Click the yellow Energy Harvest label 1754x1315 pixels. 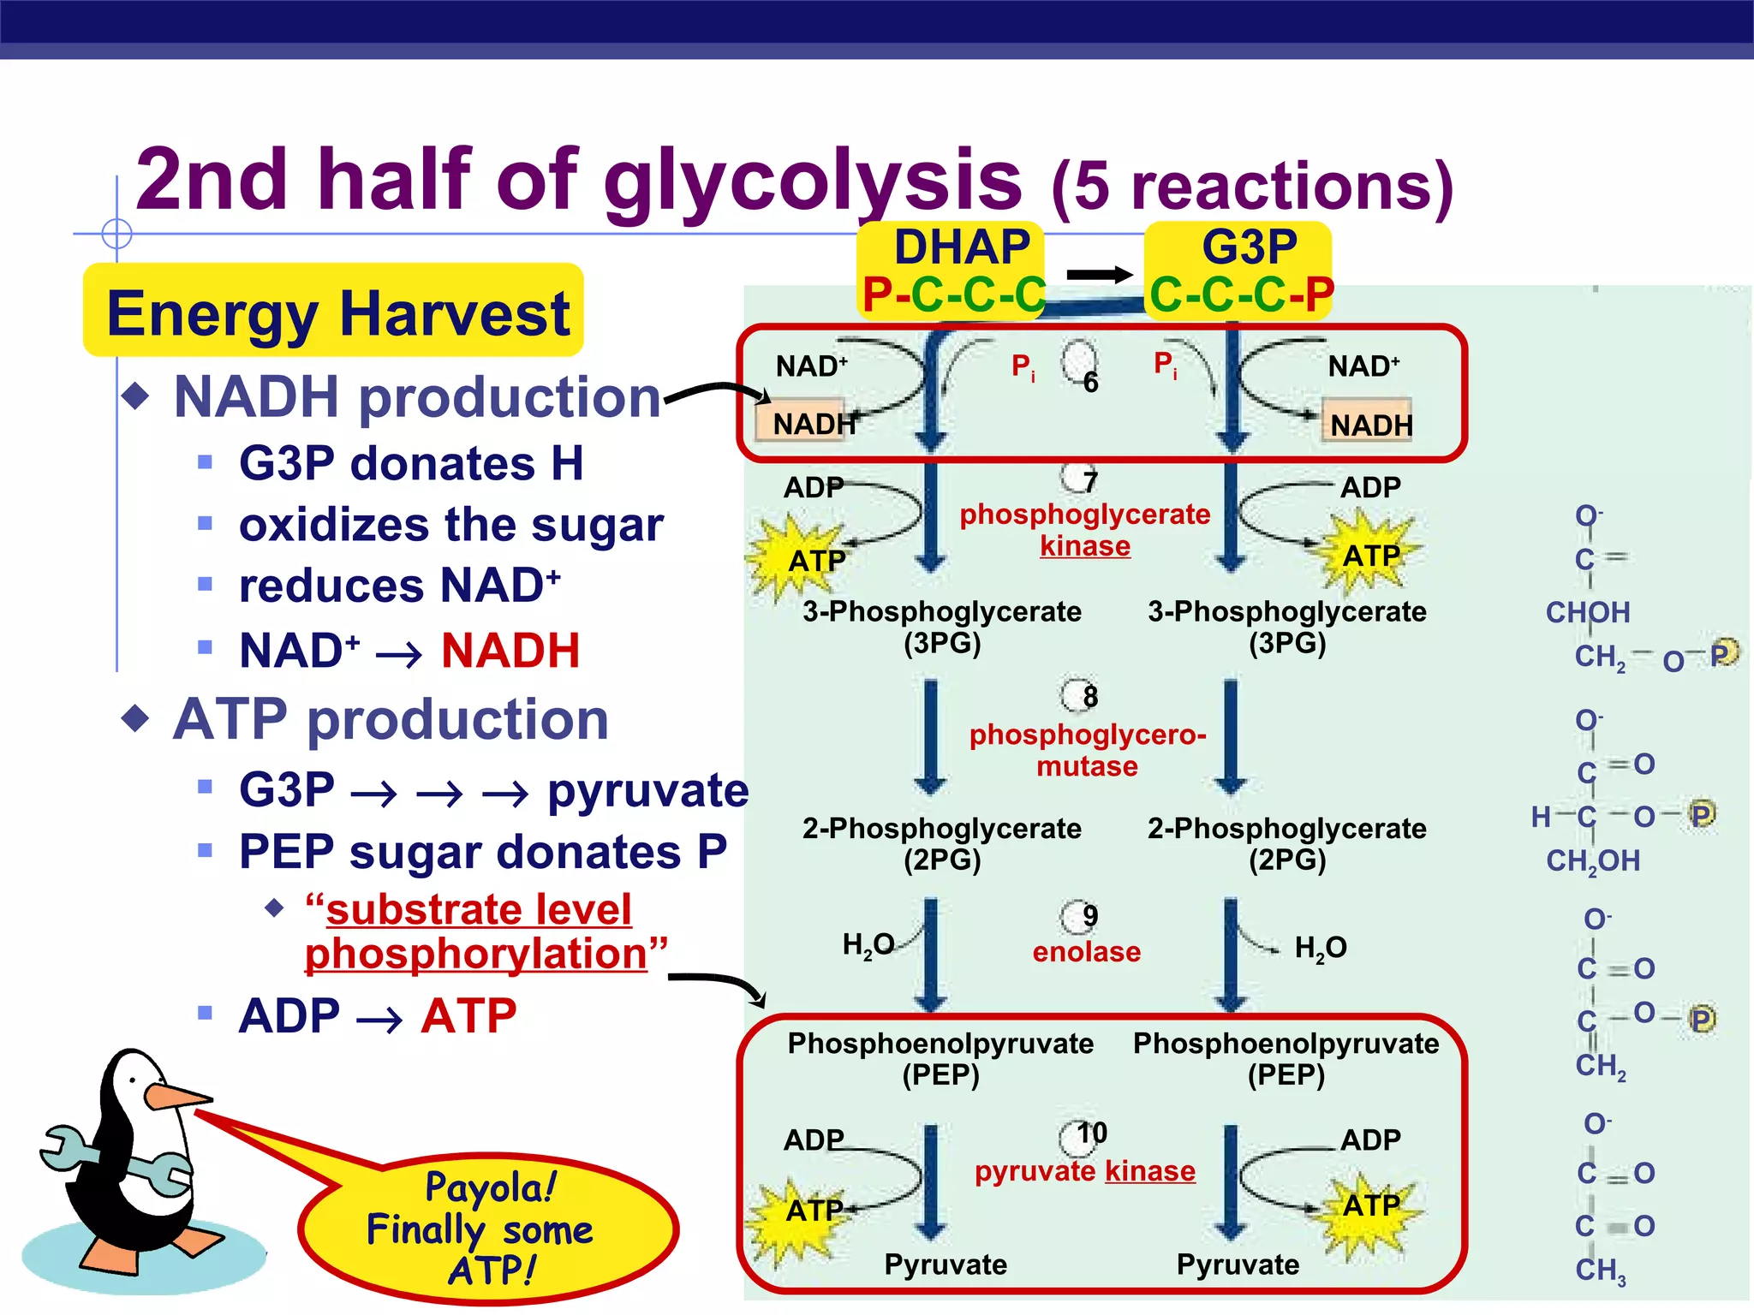[334, 312]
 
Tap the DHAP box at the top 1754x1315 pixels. [952, 271]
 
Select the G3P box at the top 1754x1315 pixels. [1240, 271]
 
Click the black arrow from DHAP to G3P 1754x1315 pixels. [1100, 275]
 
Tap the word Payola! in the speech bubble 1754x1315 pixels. [491, 1187]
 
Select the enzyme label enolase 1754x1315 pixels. [1086, 951]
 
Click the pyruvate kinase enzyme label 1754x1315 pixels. [1084, 1170]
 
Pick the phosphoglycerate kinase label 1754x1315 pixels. [1084, 529]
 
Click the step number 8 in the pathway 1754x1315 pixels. [1089, 696]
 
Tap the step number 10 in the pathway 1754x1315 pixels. [1091, 1133]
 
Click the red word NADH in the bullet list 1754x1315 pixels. [510, 651]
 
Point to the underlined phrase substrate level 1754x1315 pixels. [479, 909]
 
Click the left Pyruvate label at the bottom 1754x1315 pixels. [945, 1264]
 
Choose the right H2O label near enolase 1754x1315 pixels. [1320, 948]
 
